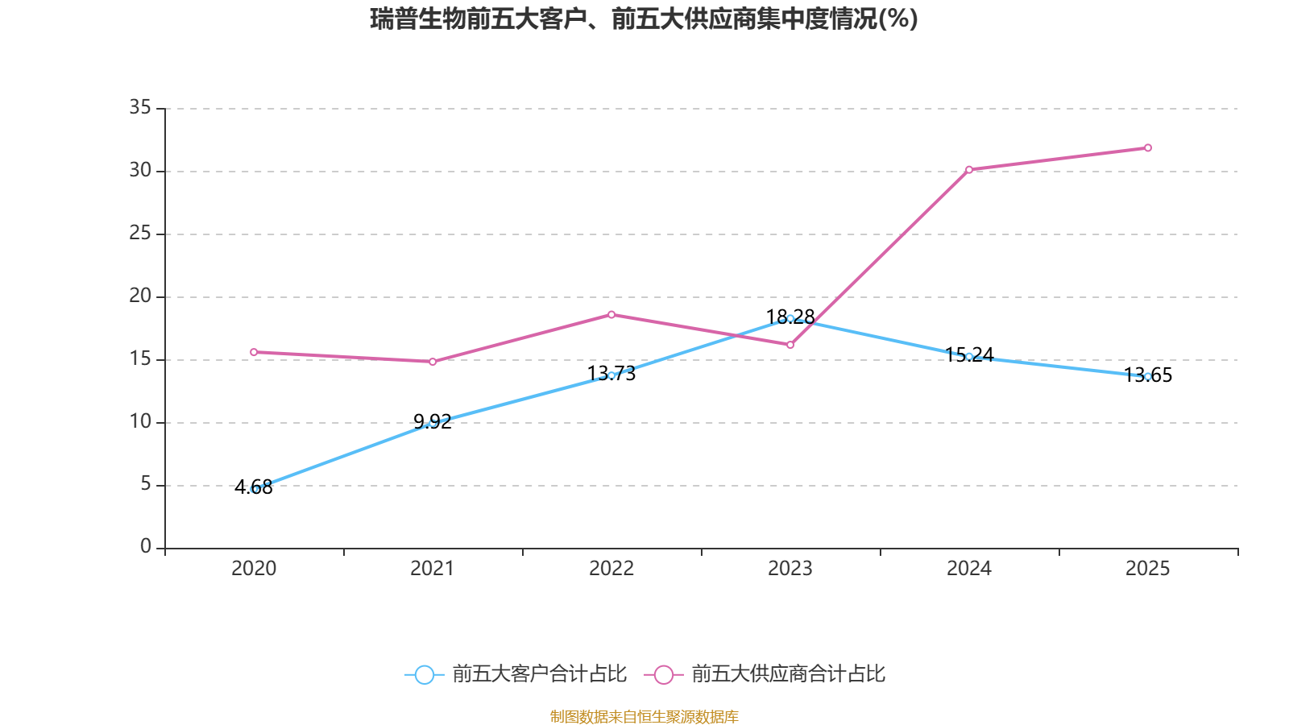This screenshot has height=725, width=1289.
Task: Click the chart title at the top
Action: click(644, 19)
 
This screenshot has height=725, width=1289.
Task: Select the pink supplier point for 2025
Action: click(1147, 147)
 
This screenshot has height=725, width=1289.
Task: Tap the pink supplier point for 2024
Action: click(968, 169)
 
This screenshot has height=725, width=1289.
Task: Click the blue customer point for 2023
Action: click(790, 318)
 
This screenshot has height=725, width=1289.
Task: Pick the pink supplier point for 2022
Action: click(611, 314)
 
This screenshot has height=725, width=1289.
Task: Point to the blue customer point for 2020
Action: click(254, 489)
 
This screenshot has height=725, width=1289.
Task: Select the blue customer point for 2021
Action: click(433, 422)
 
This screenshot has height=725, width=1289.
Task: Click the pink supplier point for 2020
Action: click(254, 352)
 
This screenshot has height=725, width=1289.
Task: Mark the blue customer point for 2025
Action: click(1147, 376)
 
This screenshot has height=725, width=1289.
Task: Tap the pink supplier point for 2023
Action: click(790, 345)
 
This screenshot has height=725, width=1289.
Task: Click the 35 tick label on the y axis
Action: click(140, 107)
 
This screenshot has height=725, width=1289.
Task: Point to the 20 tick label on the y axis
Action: click(140, 296)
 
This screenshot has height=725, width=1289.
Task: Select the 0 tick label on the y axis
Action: click(146, 547)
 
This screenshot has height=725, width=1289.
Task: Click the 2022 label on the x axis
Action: click(611, 569)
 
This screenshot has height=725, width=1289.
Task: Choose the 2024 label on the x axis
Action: click(968, 569)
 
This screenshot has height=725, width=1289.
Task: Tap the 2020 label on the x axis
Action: click(254, 569)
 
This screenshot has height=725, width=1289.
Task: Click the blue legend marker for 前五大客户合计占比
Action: click(424, 674)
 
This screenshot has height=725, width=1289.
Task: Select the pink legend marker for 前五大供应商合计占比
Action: click(663, 674)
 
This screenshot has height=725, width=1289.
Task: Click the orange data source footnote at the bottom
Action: click(644, 716)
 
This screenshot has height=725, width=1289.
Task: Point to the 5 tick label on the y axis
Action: click(146, 484)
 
